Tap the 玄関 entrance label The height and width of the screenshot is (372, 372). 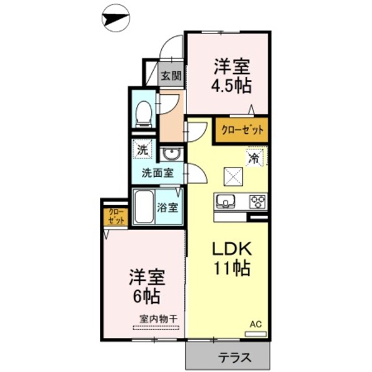coord(171,77)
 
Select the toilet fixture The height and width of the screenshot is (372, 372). coord(143,112)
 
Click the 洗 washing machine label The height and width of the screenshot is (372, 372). coord(143,149)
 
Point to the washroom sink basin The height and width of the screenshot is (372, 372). coord(170,154)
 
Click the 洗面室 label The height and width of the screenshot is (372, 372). coord(157,173)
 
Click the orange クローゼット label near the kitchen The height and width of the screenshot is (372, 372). coord(242,130)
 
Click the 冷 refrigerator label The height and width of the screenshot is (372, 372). coord(254,158)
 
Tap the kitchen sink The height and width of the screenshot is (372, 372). coord(226,202)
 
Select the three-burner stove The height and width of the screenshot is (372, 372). coord(257,202)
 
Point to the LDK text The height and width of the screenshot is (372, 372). coord(232,250)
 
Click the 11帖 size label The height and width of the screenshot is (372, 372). coord(232,269)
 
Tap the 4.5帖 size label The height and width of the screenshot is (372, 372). coord(232,84)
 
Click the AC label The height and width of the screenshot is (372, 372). coord(255,324)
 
